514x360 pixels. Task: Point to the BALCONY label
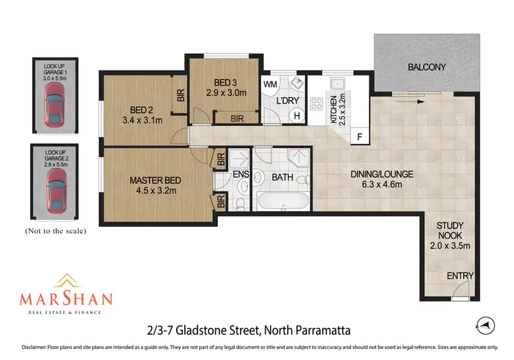point(426,67)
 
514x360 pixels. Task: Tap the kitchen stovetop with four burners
point(317,104)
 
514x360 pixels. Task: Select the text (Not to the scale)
point(55,231)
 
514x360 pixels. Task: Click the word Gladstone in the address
point(201,331)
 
